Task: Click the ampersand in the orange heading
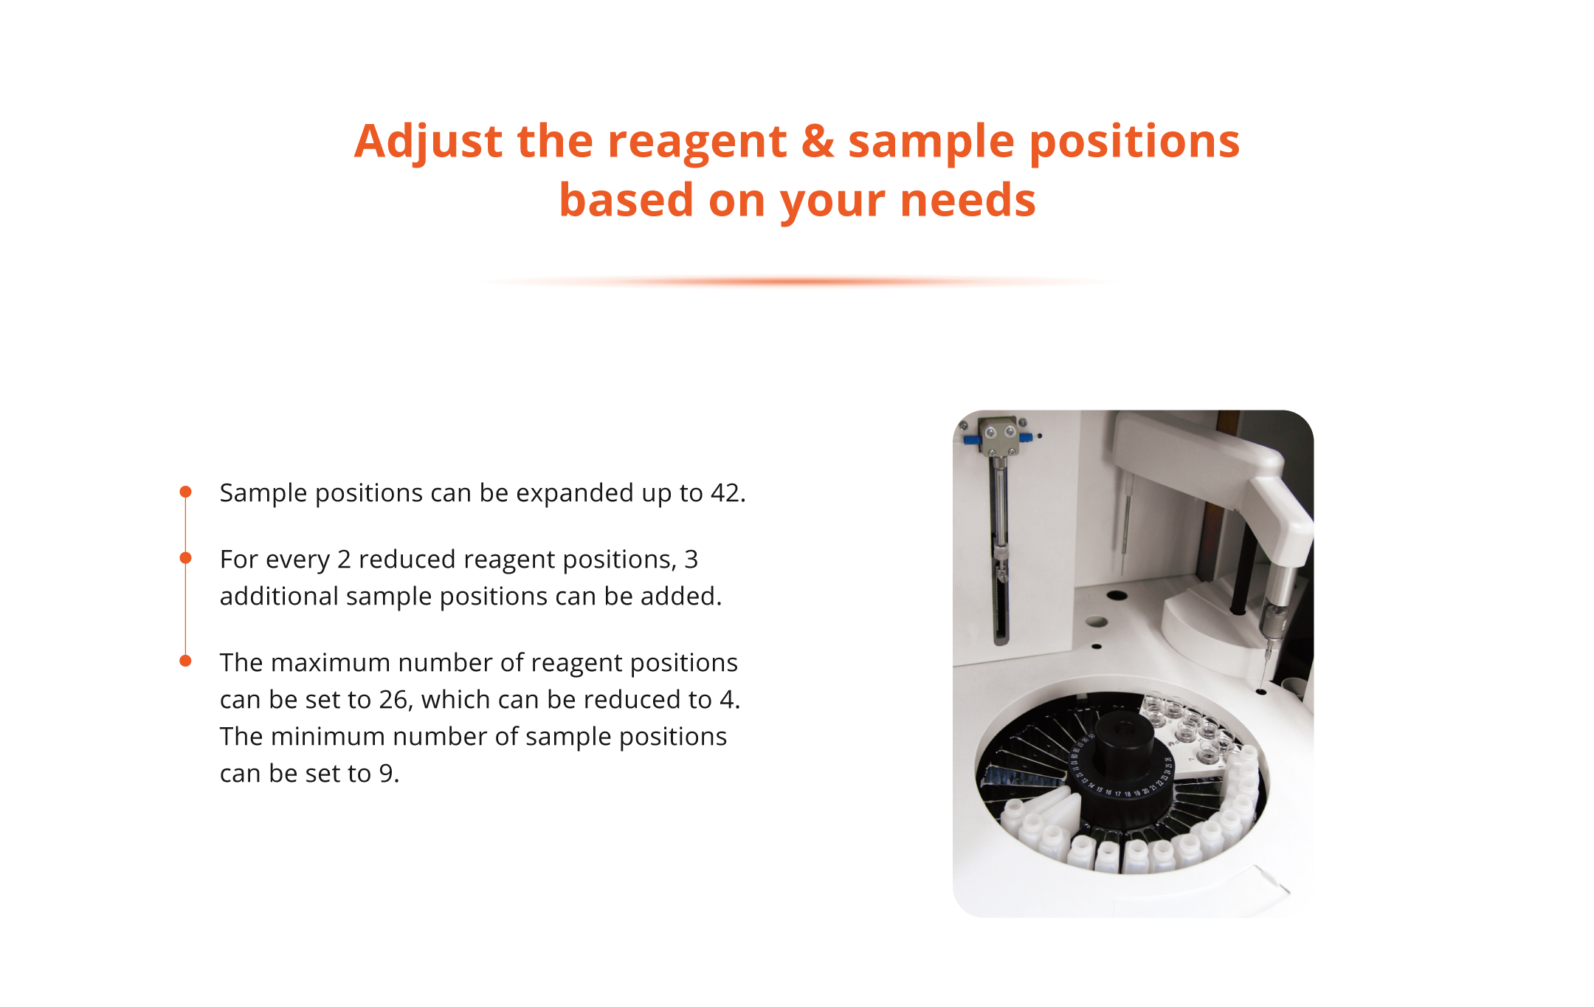pos(818,140)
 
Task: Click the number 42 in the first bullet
pos(728,493)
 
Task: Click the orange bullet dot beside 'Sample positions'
pos(186,492)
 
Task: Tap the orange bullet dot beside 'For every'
pos(186,558)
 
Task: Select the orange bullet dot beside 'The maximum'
pos(186,661)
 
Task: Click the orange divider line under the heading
pos(797,281)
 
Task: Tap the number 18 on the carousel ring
pos(1127,794)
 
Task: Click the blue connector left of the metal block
pos(972,441)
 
